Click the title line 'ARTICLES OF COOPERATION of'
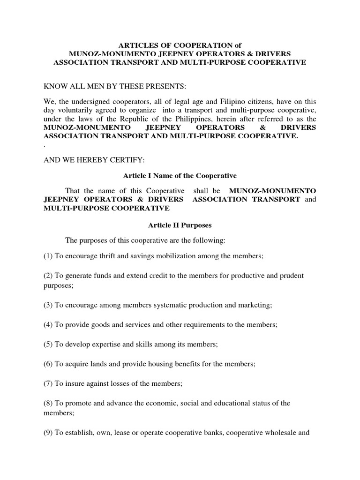coord(180,45)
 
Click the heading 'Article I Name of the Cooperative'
coord(180,176)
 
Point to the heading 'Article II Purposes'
coord(180,225)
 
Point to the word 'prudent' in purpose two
coord(292,276)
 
